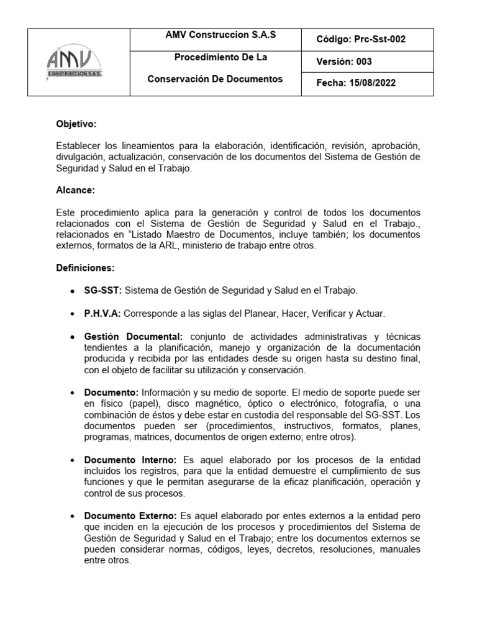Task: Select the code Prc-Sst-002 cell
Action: click(361, 39)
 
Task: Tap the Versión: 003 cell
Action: click(345, 61)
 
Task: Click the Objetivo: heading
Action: click(76, 124)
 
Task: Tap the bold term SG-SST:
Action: click(103, 290)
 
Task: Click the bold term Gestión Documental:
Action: click(133, 336)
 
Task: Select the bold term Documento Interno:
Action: click(130, 459)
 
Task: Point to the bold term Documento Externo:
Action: click(131, 516)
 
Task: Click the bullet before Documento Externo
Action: click(73, 517)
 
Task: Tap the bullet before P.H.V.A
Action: click(73, 314)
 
